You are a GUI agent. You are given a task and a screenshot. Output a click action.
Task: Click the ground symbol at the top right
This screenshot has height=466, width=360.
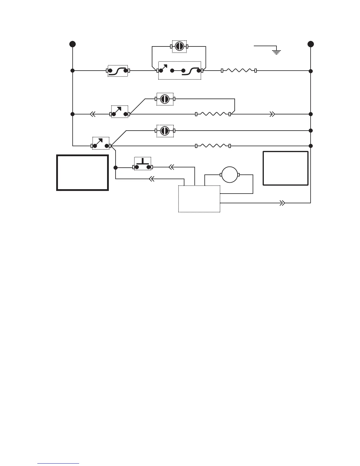276,52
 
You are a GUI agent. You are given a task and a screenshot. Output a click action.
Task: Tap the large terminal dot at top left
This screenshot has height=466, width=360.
72,44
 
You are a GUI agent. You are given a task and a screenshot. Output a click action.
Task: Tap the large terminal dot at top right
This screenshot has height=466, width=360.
311,44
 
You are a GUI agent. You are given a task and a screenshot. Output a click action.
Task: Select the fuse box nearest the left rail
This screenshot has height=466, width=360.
118,71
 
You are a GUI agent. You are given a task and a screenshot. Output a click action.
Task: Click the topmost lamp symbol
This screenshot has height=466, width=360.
179,46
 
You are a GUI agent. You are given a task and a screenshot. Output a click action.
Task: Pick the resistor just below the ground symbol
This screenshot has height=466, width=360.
239,71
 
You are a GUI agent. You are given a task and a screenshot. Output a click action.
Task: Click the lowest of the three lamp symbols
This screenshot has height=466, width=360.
165,131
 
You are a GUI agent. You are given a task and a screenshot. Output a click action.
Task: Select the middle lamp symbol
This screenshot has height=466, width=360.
165,99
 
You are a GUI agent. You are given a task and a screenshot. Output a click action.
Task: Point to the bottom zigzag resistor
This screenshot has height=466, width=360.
213,146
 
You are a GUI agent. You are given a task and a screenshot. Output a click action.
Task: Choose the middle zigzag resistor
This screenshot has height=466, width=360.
213,114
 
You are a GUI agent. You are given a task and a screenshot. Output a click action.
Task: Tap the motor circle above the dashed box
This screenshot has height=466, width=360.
229,175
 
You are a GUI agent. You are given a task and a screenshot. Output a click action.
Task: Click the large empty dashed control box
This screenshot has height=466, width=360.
199,199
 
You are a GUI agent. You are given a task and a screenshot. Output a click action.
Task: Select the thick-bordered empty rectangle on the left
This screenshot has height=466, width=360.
83,173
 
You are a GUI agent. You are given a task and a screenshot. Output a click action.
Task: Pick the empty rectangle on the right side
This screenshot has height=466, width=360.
285,168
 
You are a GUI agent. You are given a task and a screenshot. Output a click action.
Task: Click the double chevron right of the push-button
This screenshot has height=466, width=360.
172,167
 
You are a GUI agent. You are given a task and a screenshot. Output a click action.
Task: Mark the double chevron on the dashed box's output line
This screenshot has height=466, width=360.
282,203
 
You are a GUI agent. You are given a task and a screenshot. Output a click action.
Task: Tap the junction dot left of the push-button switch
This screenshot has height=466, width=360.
116,168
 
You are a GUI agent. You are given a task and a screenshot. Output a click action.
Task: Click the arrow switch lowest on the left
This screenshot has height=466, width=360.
101,143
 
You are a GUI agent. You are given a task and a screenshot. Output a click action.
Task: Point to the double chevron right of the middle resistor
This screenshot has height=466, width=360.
272,114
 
